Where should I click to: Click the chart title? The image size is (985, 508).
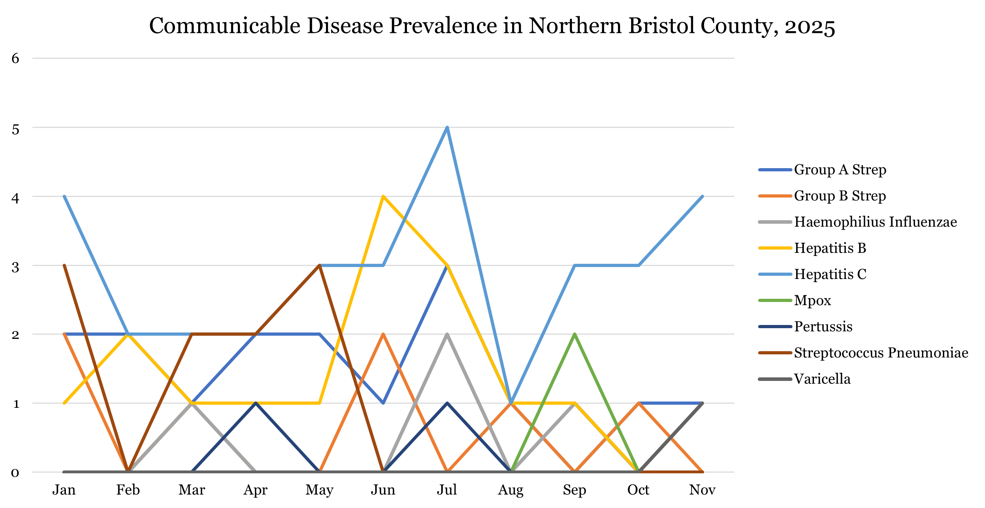click(x=492, y=26)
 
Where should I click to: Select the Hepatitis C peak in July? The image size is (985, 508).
click(x=447, y=127)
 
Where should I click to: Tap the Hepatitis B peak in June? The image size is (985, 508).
click(x=383, y=196)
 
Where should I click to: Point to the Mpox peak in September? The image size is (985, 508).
click(x=575, y=334)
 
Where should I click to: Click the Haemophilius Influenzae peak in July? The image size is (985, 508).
click(x=447, y=334)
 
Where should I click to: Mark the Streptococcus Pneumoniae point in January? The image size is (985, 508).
click(x=64, y=266)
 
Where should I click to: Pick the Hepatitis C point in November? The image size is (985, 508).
click(x=703, y=196)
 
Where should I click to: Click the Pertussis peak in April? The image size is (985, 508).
click(x=256, y=403)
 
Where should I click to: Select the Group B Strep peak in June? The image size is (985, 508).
click(x=383, y=334)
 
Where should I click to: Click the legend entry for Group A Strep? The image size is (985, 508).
click(x=840, y=170)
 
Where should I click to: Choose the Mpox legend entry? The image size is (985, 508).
click(x=812, y=300)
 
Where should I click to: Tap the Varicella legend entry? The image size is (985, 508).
click(x=822, y=379)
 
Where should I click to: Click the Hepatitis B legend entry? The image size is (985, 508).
click(x=830, y=248)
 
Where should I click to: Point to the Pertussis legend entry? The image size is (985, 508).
click(x=823, y=326)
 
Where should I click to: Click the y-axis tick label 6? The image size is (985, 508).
click(x=15, y=58)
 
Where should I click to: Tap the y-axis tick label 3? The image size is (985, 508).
click(x=15, y=267)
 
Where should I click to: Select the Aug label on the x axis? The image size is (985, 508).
click(x=510, y=490)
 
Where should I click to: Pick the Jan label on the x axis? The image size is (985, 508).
click(x=64, y=490)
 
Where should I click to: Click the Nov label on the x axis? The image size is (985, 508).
click(x=702, y=490)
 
